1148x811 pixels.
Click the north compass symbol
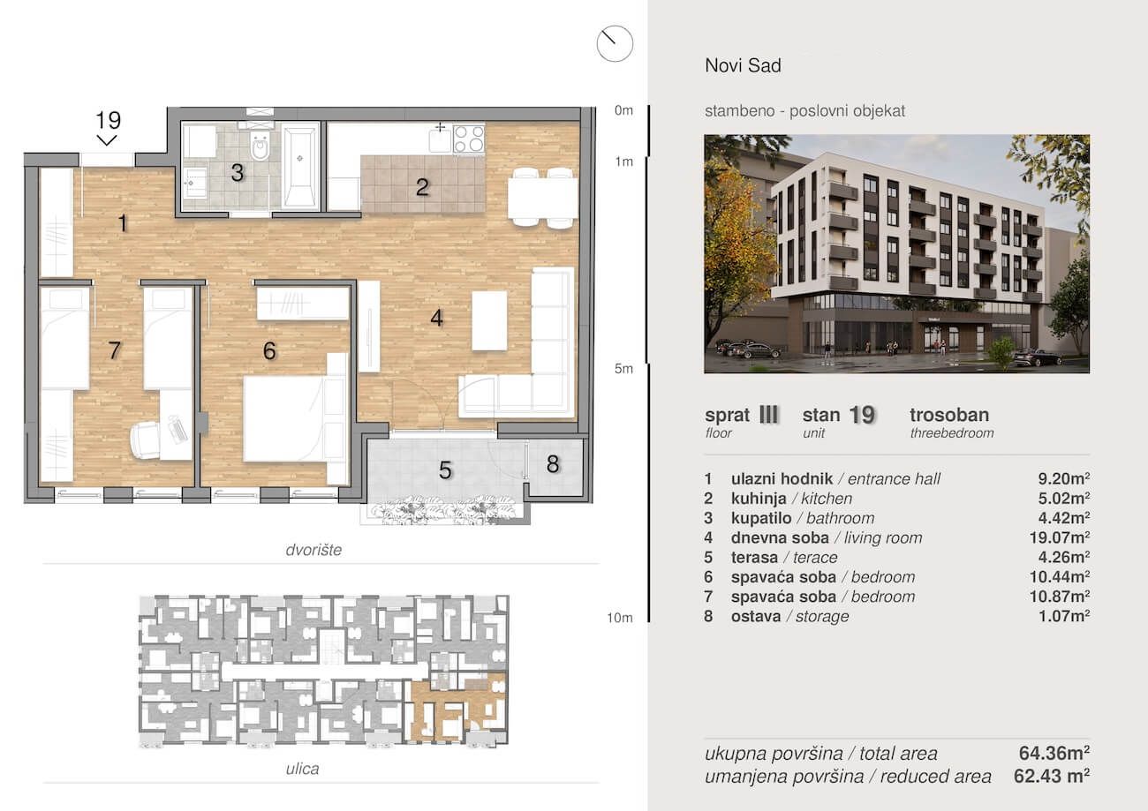click(x=615, y=43)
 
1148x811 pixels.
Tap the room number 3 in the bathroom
click(x=237, y=173)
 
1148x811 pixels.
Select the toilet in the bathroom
click(x=261, y=146)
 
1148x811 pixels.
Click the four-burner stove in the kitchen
click(x=468, y=139)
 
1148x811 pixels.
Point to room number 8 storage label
click(x=553, y=464)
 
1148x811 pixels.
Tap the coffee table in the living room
click(x=489, y=320)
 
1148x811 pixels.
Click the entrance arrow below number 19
click(x=107, y=139)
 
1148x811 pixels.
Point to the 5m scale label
click(x=623, y=369)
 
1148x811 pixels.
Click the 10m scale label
click(x=619, y=618)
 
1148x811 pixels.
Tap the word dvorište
click(x=313, y=550)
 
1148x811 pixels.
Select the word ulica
click(x=302, y=769)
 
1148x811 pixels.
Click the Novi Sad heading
click(x=743, y=65)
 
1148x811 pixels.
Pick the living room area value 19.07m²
click(x=1060, y=537)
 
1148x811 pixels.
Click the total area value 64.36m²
click(x=1054, y=753)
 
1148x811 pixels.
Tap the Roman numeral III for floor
click(x=768, y=415)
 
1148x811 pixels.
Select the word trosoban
click(x=949, y=415)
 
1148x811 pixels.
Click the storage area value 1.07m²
click(x=1063, y=616)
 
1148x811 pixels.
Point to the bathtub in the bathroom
click(x=299, y=167)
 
